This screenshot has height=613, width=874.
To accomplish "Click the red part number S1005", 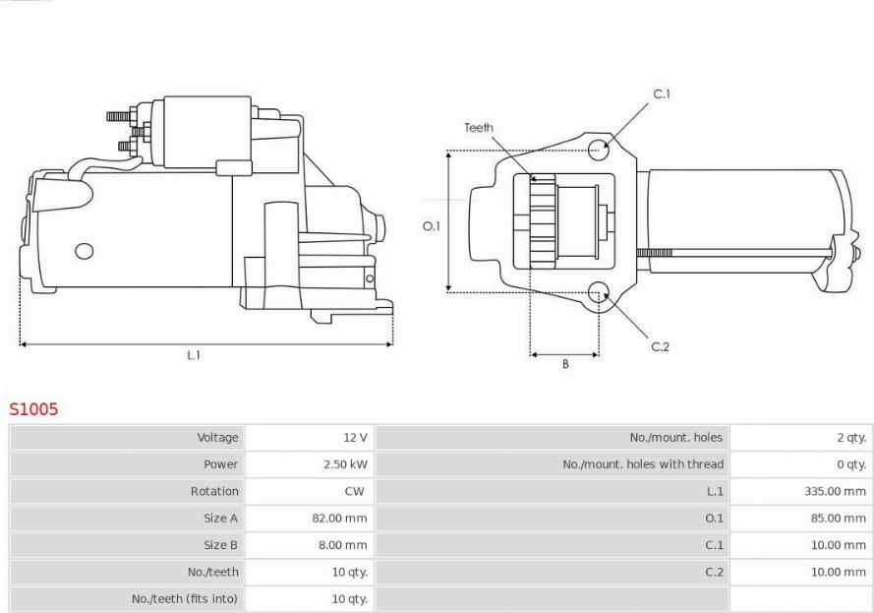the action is tap(33, 409).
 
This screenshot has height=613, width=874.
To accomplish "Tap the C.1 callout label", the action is tap(662, 94).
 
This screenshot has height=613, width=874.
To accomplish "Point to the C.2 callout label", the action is tap(660, 347).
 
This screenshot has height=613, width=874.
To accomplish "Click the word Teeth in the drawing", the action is tap(479, 128).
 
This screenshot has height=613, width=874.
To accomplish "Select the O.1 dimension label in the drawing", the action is tap(432, 226).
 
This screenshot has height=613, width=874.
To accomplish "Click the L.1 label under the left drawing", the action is tap(194, 355).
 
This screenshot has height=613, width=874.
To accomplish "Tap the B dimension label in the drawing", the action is tap(565, 364).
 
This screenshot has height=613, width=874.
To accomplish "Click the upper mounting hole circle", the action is tap(598, 149).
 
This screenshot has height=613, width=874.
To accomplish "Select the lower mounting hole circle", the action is tap(599, 292).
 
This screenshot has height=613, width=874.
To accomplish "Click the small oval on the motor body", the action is tap(85, 251).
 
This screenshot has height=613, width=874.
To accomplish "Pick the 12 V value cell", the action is tap(355, 437).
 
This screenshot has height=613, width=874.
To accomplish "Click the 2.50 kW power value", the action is tap(346, 464).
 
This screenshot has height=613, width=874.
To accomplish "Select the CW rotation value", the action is tap(355, 491).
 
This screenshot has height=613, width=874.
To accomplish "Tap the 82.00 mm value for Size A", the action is tap(339, 519).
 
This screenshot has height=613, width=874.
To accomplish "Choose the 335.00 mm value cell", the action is tap(835, 491).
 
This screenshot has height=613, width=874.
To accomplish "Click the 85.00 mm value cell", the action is tap(839, 519).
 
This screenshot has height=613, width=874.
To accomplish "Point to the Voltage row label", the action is tap(217, 437).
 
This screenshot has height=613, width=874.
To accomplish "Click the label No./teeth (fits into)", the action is tap(185, 599).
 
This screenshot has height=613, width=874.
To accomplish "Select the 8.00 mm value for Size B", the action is tap(343, 545).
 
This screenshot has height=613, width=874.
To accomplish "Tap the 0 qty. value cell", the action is tap(851, 464).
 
